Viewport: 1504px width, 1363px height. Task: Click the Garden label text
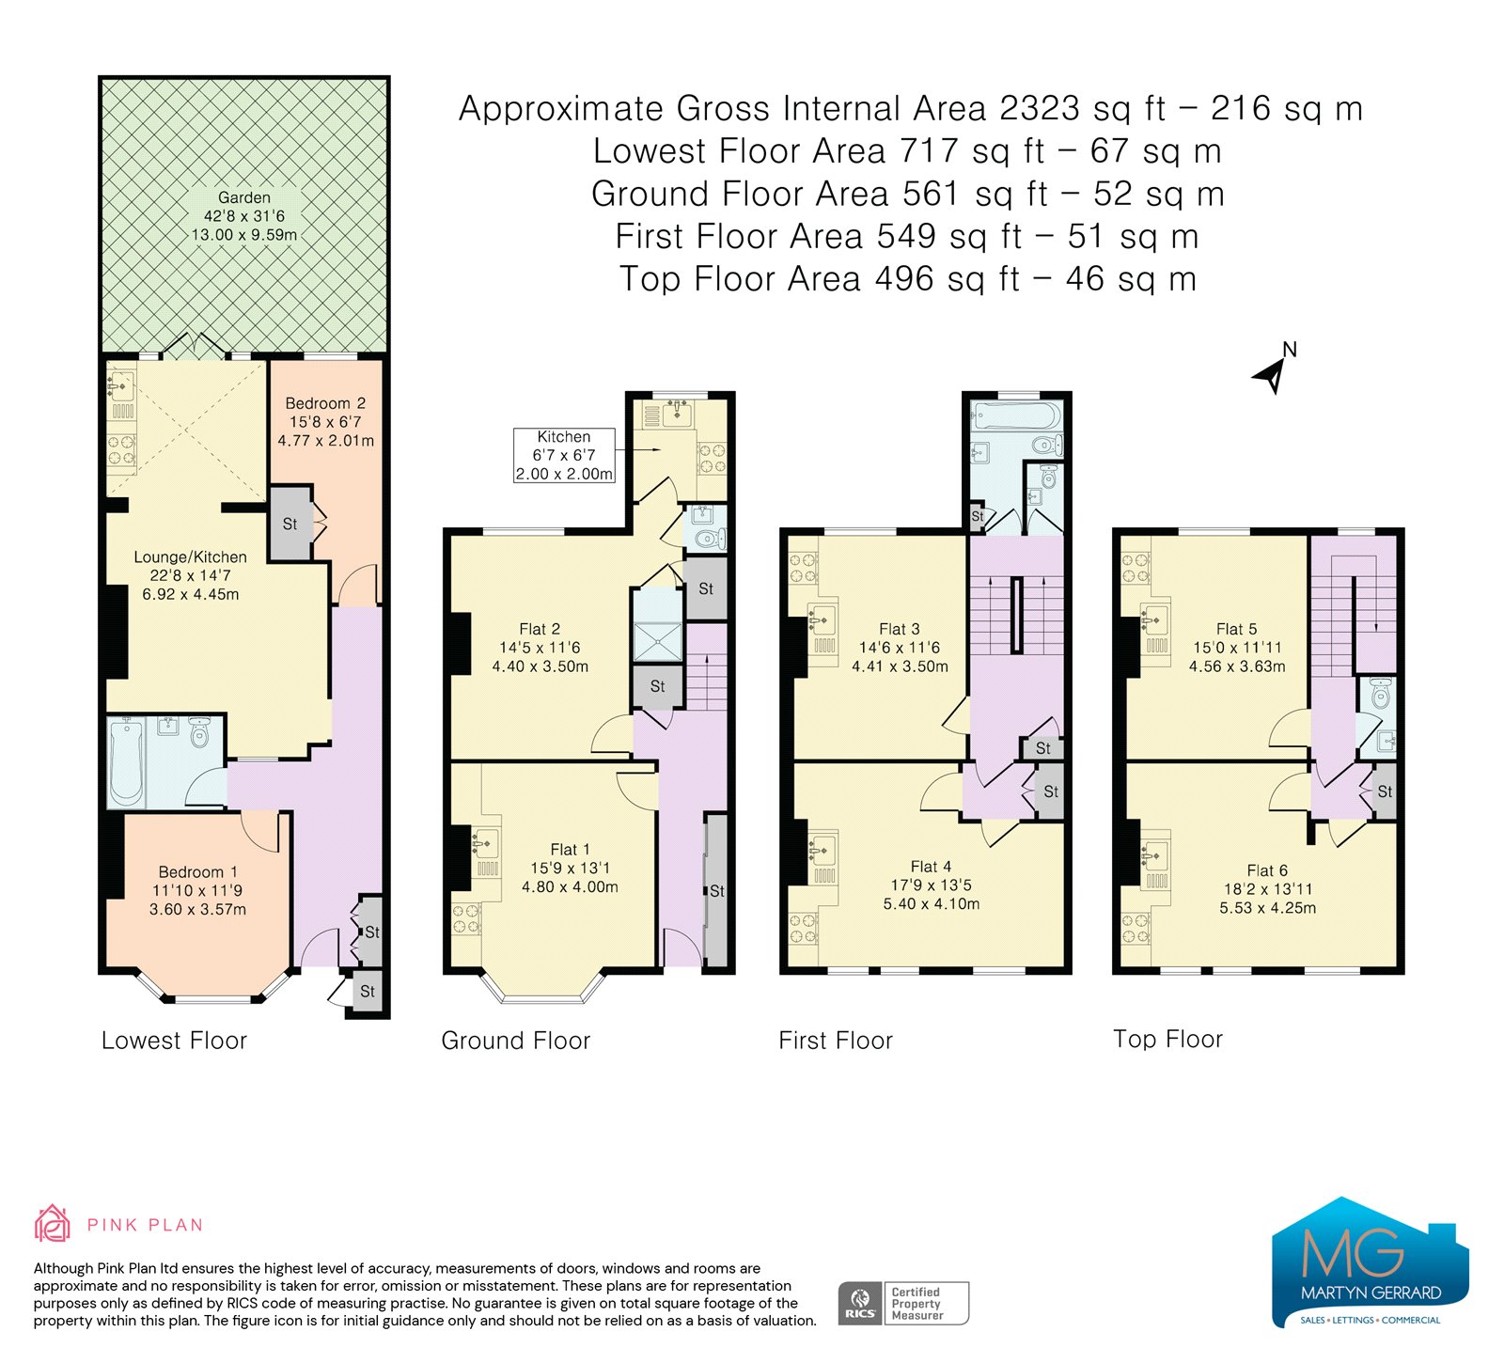point(244,197)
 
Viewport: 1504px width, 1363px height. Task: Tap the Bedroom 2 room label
point(325,403)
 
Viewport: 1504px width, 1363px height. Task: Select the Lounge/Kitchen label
point(190,556)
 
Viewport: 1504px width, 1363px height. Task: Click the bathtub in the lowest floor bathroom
point(125,761)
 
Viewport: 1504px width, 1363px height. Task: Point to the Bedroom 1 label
point(197,871)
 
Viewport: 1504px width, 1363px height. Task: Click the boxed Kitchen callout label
point(564,455)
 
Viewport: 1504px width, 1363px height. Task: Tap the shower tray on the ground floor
point(657,640)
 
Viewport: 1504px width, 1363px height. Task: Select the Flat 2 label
point(540,629)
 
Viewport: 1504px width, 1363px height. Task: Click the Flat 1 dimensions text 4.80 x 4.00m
point(570,886)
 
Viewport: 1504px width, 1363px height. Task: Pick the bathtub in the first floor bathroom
point(1018,415)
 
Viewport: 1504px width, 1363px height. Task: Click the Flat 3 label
point(900,629)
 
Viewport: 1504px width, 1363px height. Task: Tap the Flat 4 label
point(931,867)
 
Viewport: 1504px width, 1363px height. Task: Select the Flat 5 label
point(1236,629)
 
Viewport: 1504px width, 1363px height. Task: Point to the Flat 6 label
point(1267,870)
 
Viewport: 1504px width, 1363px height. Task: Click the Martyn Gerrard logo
point(1370,1262)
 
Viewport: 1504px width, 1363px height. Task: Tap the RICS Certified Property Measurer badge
point(902,1304)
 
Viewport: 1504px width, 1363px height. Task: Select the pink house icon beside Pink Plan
point(52,1224)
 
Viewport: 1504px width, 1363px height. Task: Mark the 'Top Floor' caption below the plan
point(1167,1039)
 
